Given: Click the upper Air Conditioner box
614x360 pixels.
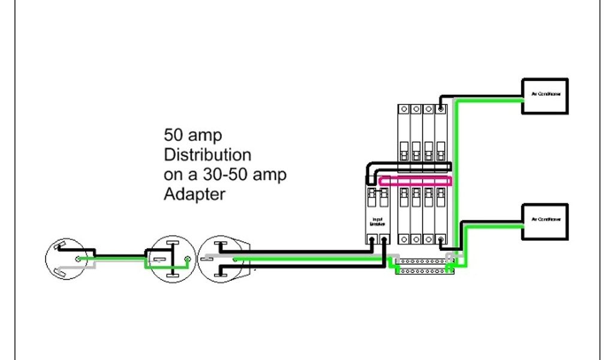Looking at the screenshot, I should [x=544, y=96].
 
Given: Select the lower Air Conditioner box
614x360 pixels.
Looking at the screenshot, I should [x=544, y=222].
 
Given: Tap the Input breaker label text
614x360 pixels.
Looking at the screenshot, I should [x=378, y=221].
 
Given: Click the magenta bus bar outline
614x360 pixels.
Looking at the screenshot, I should [x=416, y=181].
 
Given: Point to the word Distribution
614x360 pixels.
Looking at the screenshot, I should [x=207, y=155].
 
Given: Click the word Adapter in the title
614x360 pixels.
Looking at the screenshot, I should [x=195, y=195].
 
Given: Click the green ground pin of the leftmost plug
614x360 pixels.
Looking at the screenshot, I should [x=78, y=259].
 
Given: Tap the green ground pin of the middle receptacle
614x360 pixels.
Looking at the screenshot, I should [x=188, y=259].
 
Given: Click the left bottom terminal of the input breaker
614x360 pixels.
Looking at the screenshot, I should [x=372, y=239].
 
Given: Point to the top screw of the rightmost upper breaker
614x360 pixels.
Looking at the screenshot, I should [x=441, y=110].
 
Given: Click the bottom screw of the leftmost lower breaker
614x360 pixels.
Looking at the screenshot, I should [x=404, y=239].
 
